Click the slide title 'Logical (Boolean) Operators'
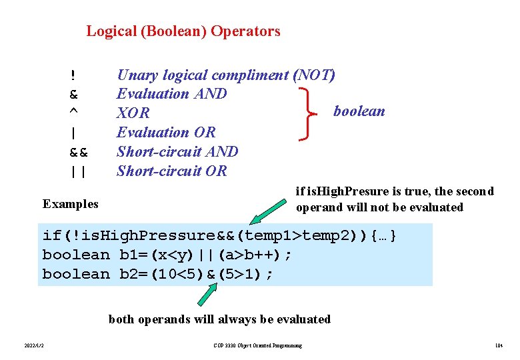click(x=183, y=31)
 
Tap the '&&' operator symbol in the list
click(x=78, y=152)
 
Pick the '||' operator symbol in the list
click(x=78, y=171)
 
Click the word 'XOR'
click(x=133, y=113)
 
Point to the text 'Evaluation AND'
click(x=172, y=94)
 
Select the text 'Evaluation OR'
click(x=166, y=133)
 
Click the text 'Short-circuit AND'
click(x=177, y=152)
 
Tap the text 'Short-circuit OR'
click(x=172, y=171)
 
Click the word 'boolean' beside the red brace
click(x=359, y=111)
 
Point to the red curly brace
click(x=308, y=113)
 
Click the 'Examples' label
click(x=70, y=204)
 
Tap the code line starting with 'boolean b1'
click(x=167, y=255)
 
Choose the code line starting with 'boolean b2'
click(x=158, y=274)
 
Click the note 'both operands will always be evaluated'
click(x=219, y=319)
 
